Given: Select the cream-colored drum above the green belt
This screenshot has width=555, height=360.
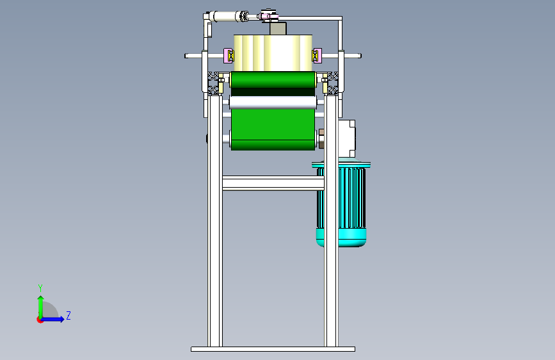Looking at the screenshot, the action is (x=273, y=53).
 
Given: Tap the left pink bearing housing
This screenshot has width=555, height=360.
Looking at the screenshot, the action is (x=229, y=56).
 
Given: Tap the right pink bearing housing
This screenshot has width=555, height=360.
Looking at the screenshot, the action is (x=317, y=56).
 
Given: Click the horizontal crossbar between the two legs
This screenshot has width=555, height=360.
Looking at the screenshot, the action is (x=273, y=183).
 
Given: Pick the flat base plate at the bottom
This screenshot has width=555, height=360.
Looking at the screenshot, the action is (x=273, y=349).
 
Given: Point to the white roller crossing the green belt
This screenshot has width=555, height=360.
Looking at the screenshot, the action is (x=273, y=102).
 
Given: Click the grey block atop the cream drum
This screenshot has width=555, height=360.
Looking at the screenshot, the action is (x=278, y=28).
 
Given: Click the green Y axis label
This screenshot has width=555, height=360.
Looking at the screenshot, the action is (x=40, y=288).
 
